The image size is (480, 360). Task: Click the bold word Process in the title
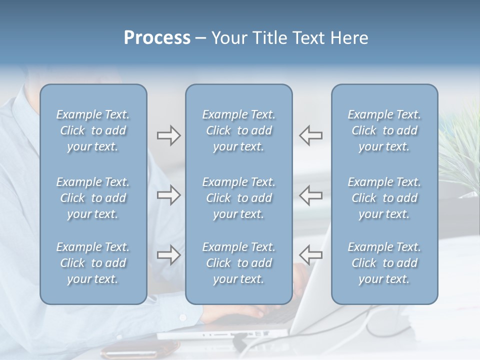157,38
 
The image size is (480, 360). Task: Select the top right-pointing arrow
168,135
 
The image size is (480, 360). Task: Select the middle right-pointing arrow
168,195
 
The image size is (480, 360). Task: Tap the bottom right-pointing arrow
168,255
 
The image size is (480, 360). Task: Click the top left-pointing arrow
311,135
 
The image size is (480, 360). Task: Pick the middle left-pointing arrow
311,195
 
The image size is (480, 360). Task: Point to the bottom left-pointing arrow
311,255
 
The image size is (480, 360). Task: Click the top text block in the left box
93,130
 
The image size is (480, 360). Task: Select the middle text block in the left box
93,198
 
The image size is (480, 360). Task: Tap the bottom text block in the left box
93,263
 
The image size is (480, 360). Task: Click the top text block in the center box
238,130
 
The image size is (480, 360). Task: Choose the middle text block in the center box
238,198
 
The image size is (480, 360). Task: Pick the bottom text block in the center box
238,263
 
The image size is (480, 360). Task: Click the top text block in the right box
384,130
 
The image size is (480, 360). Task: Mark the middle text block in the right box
384,198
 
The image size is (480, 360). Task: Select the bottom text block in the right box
384,263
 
